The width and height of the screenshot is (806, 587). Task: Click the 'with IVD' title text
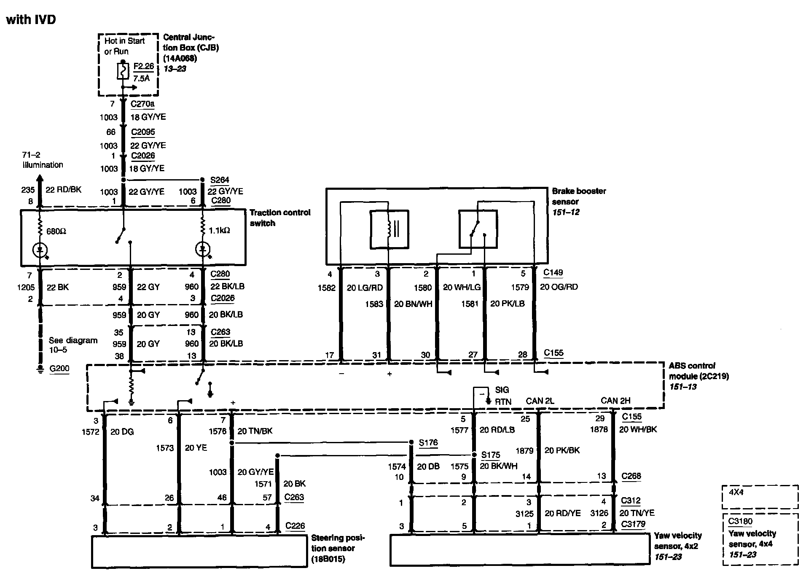31,19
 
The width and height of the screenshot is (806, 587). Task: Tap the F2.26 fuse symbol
123,71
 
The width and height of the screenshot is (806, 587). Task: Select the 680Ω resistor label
56,231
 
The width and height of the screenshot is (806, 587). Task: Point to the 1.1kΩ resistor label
219,231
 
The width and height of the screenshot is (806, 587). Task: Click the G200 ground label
59,369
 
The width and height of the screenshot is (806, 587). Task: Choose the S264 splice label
220,180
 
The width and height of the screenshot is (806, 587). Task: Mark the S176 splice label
428,443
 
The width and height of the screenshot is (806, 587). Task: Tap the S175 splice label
490,455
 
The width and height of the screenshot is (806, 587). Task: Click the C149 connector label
553,272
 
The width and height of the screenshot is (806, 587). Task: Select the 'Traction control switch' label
279,218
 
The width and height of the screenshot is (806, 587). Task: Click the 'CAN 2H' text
615,401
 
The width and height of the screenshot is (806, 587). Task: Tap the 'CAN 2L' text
540,401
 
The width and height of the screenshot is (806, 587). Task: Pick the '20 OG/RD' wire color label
559,287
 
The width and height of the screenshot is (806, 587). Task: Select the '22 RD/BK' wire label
63,190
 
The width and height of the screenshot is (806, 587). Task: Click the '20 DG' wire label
122,431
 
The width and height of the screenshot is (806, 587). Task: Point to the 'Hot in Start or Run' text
124,46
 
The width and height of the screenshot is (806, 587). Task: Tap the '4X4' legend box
760,497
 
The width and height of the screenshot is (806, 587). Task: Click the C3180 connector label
740,521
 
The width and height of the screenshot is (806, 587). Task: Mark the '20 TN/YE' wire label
637,513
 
